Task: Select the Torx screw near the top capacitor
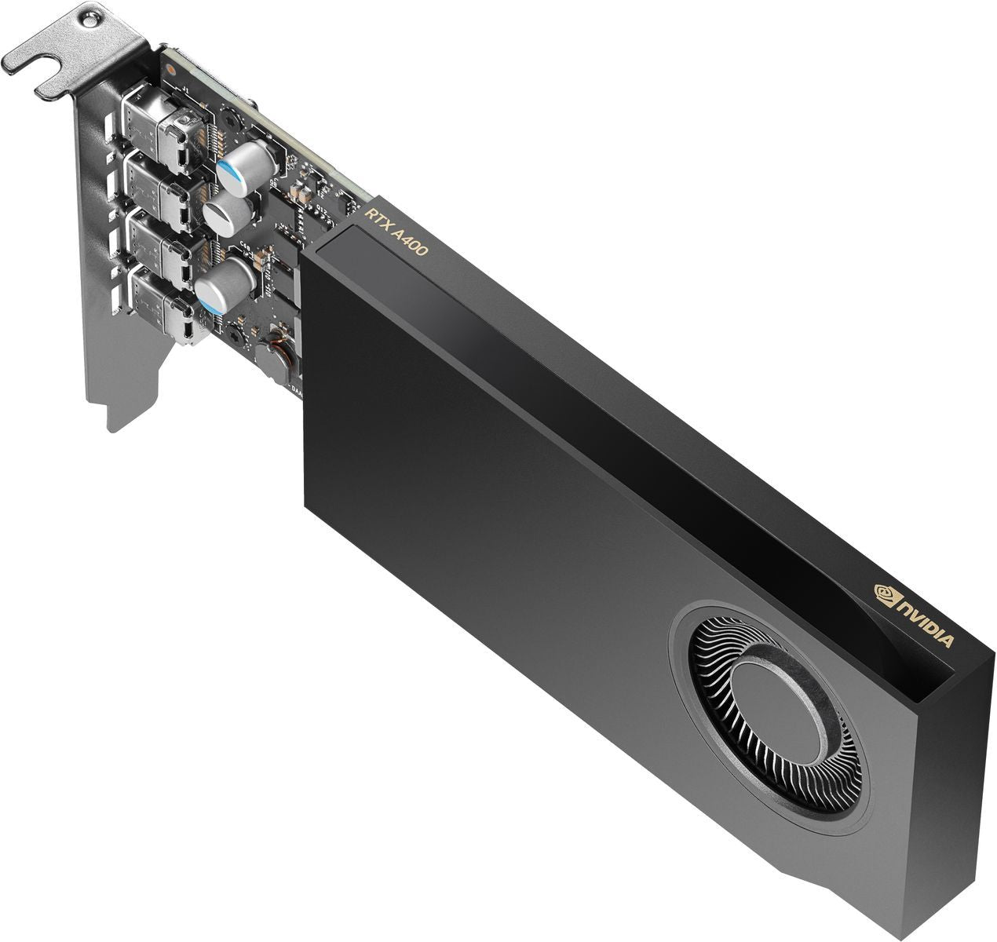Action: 231,119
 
